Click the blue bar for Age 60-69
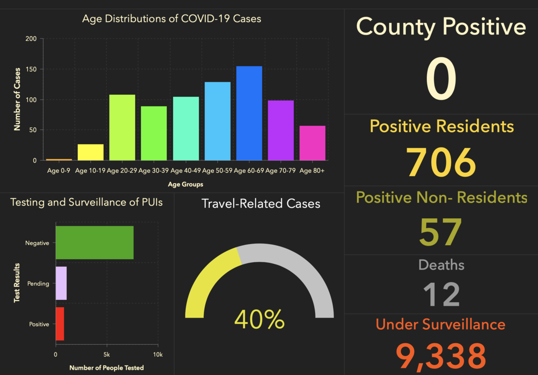249,113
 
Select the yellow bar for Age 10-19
90,152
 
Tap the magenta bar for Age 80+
312,143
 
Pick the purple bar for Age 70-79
280,130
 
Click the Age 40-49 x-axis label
185,171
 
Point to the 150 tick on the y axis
31,69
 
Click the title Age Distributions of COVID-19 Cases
172,19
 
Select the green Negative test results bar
94,243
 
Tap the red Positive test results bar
60,324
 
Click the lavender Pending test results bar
61,283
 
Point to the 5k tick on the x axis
107,354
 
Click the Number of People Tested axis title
107,368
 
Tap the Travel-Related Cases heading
261,204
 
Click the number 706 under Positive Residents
441,163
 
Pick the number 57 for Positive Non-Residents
441,232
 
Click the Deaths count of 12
441,294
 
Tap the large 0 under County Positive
441,80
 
